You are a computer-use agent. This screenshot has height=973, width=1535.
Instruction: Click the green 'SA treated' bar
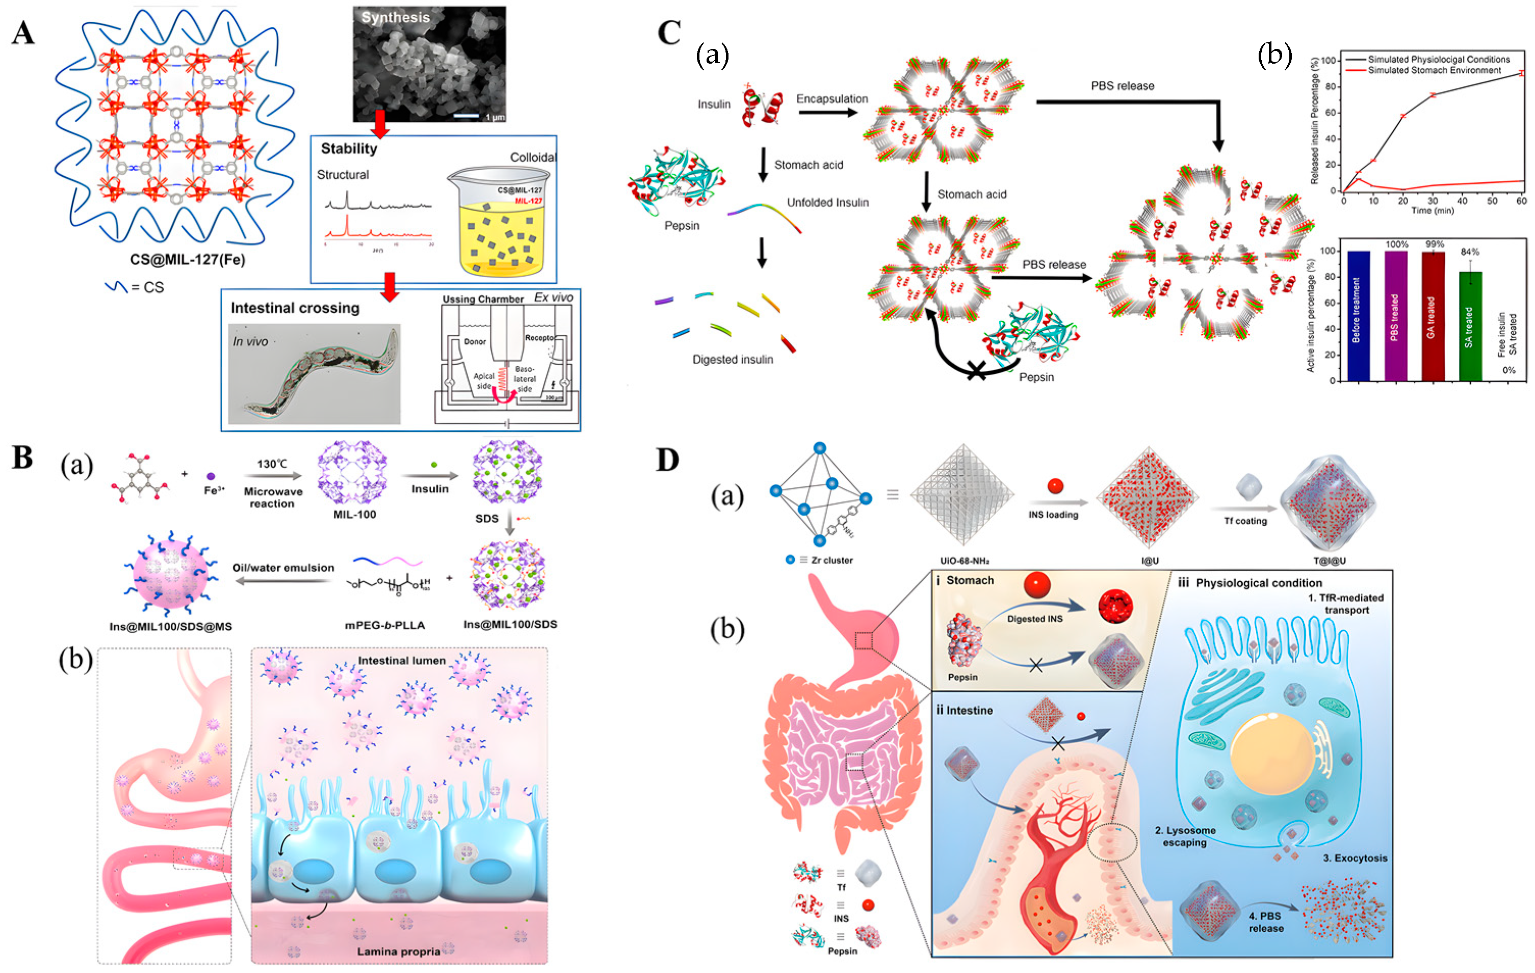click(x=1470, y=326)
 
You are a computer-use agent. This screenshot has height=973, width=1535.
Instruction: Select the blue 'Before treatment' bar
click(x=1359, y=316)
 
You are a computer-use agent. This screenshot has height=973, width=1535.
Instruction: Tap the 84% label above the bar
click(x=1470, y=252)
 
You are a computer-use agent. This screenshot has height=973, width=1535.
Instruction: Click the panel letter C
click(x=669, y=33)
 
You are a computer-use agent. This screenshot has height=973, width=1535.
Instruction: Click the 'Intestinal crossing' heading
click(x=295, y=308)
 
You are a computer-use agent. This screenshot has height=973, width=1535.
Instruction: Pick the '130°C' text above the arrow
click(x=272, y=465)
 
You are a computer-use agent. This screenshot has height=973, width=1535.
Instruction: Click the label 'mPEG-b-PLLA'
click(x=385, y=626)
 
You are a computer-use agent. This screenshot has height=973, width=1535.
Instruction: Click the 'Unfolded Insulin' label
click(x=827, y=203)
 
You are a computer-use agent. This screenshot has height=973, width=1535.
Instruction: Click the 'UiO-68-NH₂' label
click(x=965, y=561)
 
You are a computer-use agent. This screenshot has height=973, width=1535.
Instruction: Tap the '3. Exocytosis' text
click(x=1355, y=858)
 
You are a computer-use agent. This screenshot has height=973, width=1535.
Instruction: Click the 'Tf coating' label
click(x=1245, y=521)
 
